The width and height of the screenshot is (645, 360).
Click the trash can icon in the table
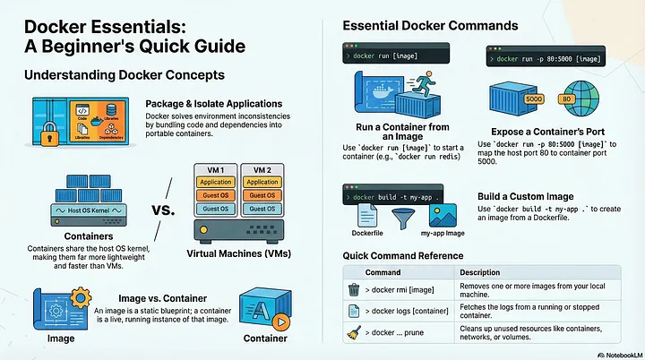[x=353, y=288]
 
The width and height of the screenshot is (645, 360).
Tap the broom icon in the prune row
[x=353, y=334]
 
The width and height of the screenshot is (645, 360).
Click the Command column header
[x=383, y=271]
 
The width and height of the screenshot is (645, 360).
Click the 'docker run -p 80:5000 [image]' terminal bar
[x=555, y=59]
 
